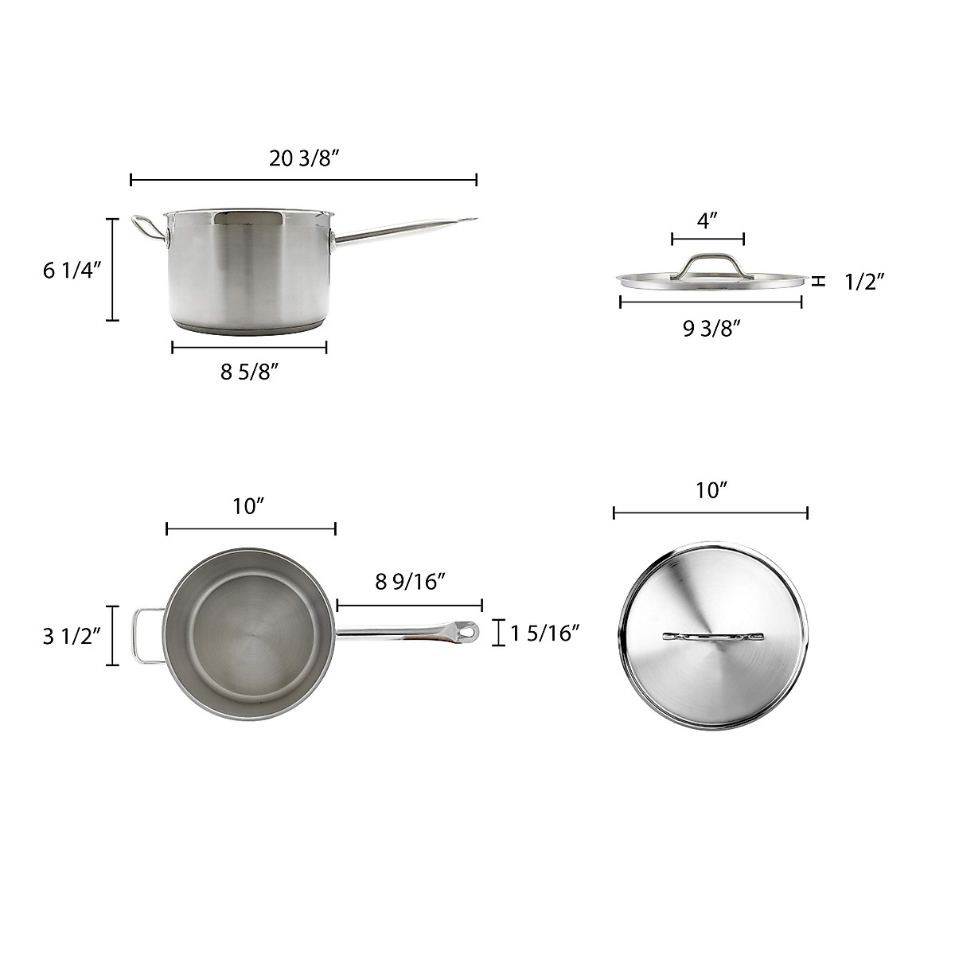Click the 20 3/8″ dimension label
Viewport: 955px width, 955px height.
click(x=304, y=158)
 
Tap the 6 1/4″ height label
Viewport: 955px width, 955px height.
click(x=72, y=271)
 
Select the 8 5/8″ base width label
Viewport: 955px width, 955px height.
click(x=249, y=372)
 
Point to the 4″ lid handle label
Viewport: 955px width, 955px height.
click(x=707, y=220)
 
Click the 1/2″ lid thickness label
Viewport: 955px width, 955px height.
click(x=865, y=282)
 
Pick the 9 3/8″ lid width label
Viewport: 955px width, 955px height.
click(x=711, y=328)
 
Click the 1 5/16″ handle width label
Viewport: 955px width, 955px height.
click(x=544, y=633)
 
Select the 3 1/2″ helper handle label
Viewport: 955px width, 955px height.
click(x=72, y=637)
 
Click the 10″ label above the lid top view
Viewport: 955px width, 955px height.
click(x=711, y=491)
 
